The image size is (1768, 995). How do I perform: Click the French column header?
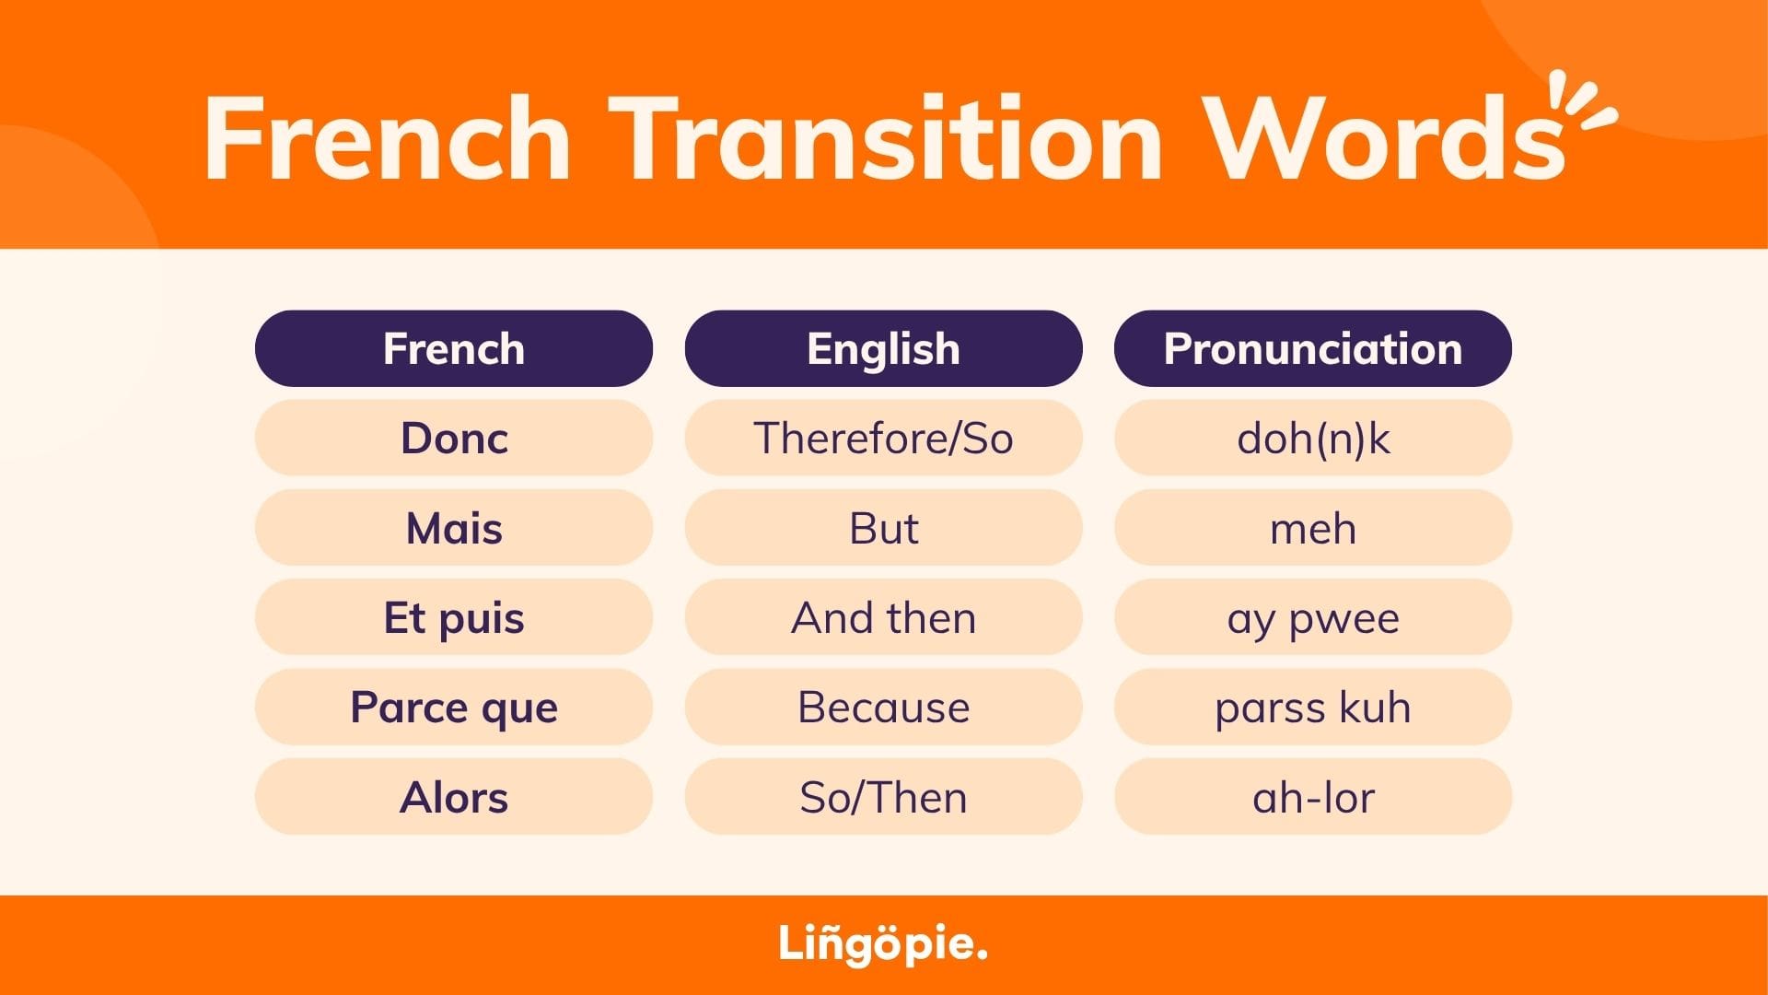click(x=454, y=348)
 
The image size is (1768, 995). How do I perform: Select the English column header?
click(x=883, y=348)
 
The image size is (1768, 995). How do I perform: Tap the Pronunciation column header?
click(x=1313, y=348)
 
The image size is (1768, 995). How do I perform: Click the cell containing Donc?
click(x=454, y=438)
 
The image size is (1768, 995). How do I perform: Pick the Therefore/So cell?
click(x=883, y=438)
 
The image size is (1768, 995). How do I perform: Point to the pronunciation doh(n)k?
click(x=1313, y=438)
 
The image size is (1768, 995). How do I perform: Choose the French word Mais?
click(x=454, y=528)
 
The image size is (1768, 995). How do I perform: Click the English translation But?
click(x=883, y=528)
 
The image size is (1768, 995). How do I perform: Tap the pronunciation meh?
click(x=1313, y=528)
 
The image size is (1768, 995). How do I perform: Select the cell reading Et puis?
click(x=454, y=617)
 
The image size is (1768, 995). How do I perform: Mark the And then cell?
click(x=883, y=617)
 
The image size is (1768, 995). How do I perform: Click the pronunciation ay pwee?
click(x=1313, y=617)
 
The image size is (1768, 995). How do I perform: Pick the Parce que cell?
click(x=454, y=707)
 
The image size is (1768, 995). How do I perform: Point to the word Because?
click(x=883, y=708)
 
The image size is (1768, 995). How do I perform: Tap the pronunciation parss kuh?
click(x=1313, y=707)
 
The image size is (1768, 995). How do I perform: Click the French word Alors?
click(x=454, y=797)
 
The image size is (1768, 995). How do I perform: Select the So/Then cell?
click(x=883, y=797)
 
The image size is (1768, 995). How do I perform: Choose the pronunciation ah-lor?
click(x=1313, y=797)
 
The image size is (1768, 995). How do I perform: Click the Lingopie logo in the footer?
click(x=883, y=944)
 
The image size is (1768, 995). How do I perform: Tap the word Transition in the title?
click(x=886, y=137)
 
